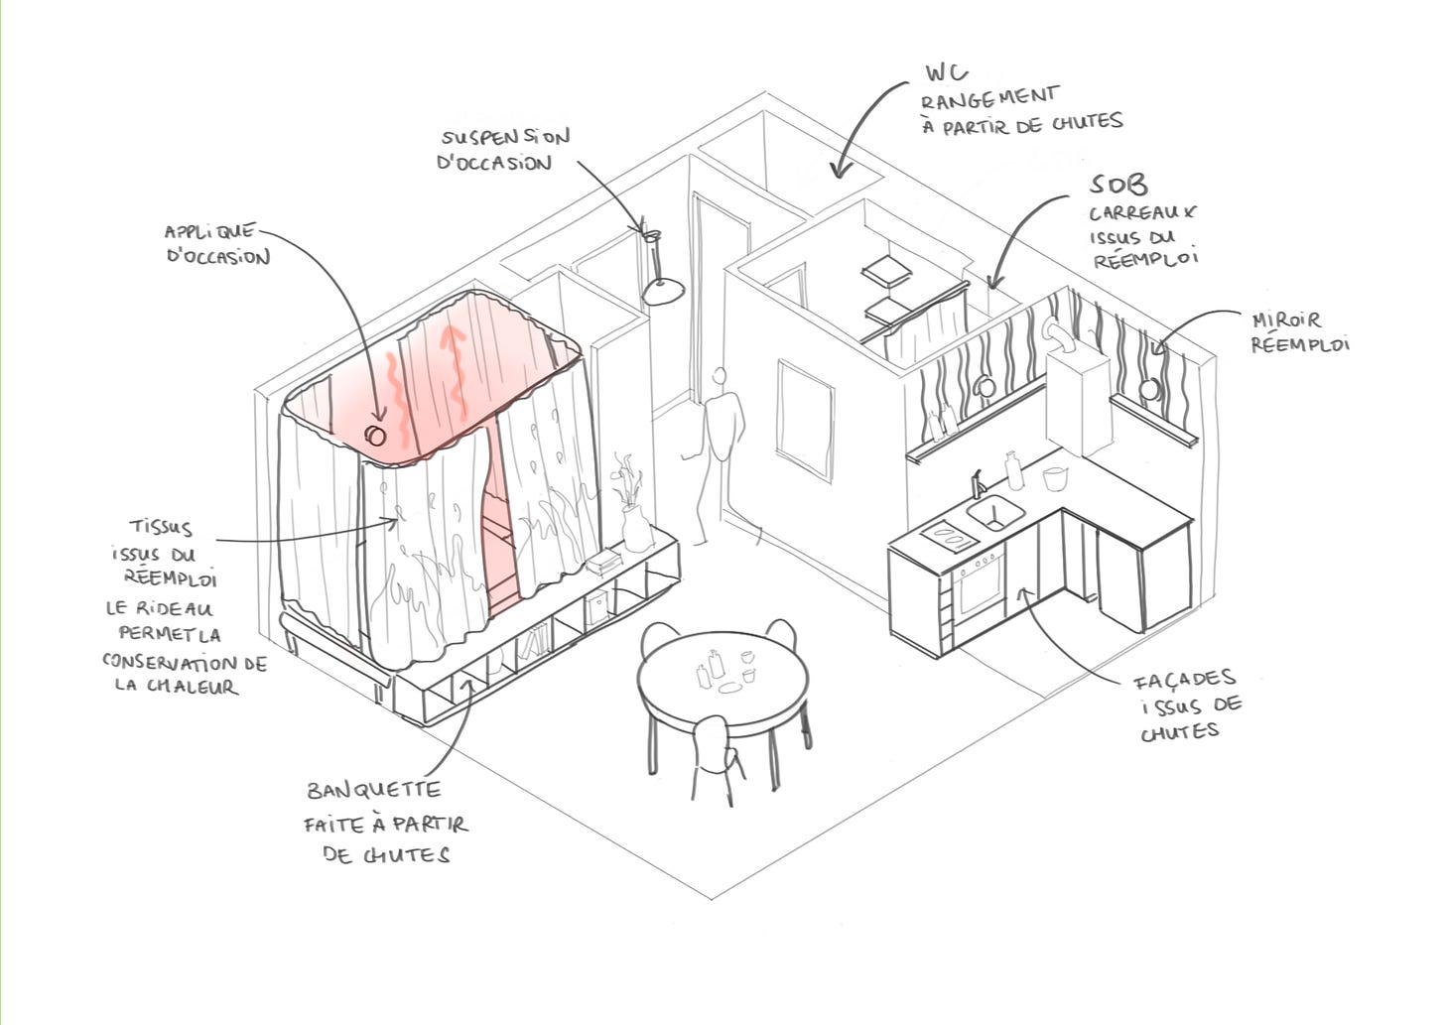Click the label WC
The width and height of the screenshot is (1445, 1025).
tap(946, 72)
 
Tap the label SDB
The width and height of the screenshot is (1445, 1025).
tap(1118, 185)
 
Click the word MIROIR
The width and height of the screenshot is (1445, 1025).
tap(1286, 320)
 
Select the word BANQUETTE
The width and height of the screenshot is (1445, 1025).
tap(373, 791)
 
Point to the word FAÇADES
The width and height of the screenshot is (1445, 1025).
tap(1185, 681)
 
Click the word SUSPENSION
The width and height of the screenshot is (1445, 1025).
tap(506, 138)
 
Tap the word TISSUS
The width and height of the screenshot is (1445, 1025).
tap(161, 528)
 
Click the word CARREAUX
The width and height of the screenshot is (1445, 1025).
tap(1142, 212)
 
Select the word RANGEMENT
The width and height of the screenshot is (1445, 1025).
tap(989, 98)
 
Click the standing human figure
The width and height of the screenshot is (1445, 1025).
tap(719, 447)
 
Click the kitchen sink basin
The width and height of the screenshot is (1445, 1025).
tap(995, 513)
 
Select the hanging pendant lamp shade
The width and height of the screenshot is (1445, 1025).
tap(662, 290)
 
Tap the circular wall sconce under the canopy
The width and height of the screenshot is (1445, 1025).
tap(375, 435)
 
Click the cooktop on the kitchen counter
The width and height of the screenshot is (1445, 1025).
tap(947, 537)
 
